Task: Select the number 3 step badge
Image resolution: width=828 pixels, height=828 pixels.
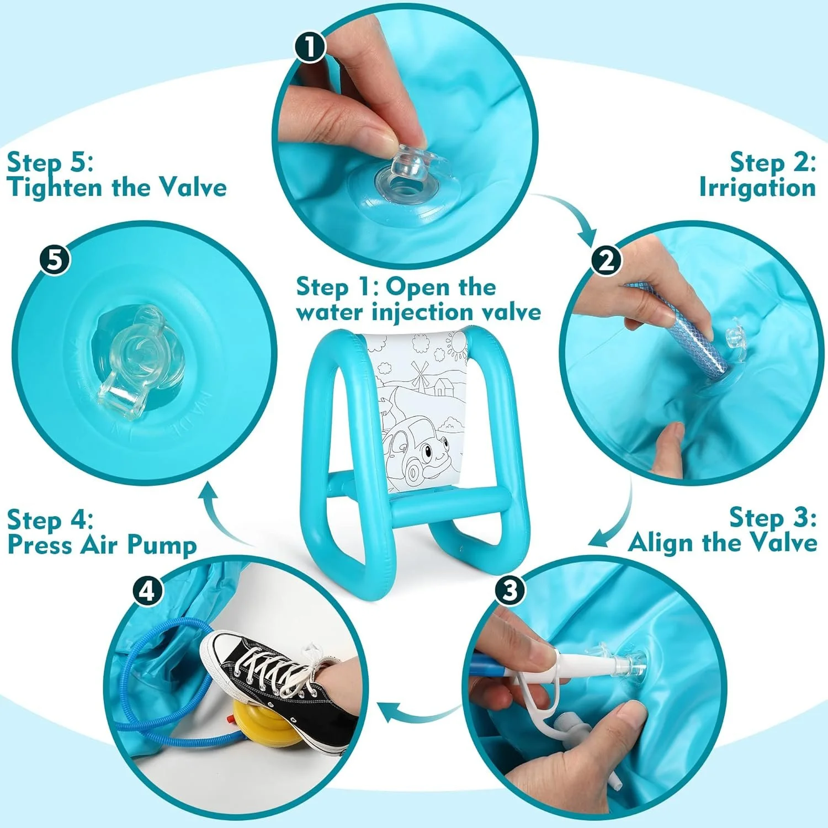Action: pos(509,590)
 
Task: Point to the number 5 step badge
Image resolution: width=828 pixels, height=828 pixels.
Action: pos(55,258)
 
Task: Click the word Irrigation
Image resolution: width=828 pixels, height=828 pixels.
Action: pos(757,188)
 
